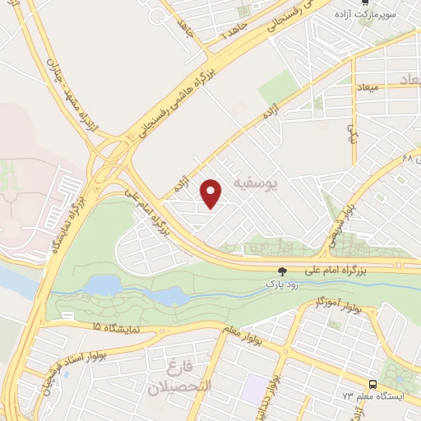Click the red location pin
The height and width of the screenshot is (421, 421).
212,193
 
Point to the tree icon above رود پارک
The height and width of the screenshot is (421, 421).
284,271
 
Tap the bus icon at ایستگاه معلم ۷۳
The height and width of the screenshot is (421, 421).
374,384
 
